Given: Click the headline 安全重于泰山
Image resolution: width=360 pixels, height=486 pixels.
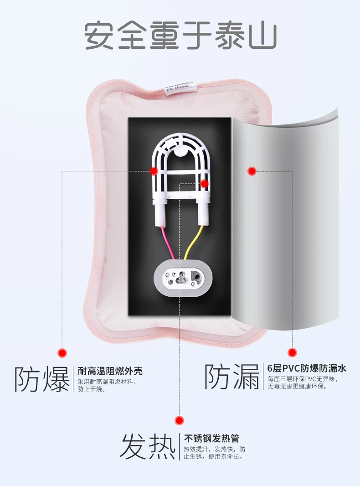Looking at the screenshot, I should point(180,36).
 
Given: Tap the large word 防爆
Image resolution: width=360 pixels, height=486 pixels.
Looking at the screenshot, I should point(41,378).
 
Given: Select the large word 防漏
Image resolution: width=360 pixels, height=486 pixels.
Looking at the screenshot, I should point(231,376).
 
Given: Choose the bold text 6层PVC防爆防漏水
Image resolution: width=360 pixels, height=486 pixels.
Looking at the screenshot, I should point(306,368).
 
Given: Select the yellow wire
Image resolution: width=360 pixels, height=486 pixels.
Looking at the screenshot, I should point(191,244).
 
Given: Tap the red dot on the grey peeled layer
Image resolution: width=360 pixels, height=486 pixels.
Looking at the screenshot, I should point(252,171).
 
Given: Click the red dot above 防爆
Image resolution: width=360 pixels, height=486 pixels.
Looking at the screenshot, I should point(62,352).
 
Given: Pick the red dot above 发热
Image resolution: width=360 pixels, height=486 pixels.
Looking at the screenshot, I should point(180,420).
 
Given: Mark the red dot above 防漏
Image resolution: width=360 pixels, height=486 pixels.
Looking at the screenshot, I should point(292,352).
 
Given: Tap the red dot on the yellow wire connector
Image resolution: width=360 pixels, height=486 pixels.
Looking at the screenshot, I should point(204,184).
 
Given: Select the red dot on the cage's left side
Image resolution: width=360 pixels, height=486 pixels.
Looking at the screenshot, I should point(154,171).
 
